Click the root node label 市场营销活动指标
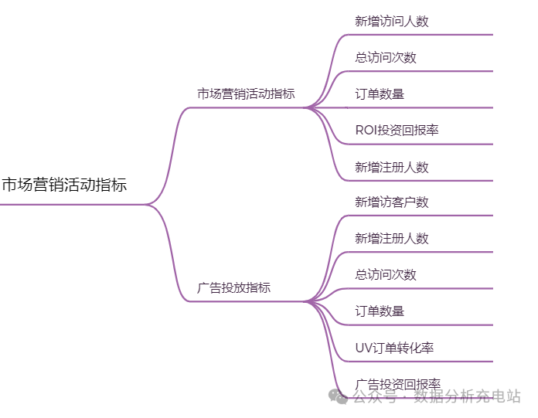click(x=64, y=185)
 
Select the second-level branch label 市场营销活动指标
click(x=246, y=94)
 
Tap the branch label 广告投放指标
click(x=234, y=287)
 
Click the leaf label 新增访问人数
click(x=391, y=22)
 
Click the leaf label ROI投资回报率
click(x=397, y=131)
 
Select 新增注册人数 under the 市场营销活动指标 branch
click(x=391, y=167)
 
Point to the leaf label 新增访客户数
click(x=391, y=202)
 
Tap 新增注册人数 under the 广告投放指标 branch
click(x=391, y=239)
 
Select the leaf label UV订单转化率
click(x=394, y=348)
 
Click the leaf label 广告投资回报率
click(x=397, y=384)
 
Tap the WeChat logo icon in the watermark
click(x=339, y=396)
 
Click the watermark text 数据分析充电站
click(x=467, y=396)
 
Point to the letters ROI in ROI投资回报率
click(x=366, y=131)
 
